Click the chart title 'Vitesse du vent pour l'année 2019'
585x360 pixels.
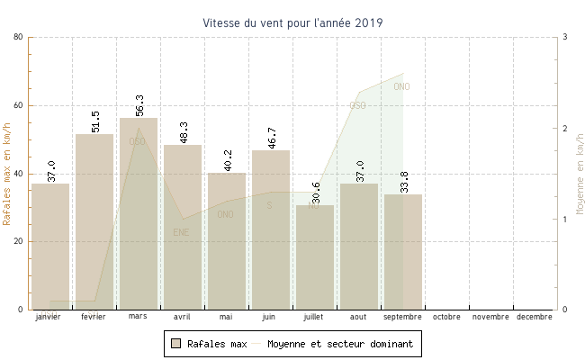pos(292,22)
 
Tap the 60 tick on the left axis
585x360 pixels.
pos(18,105)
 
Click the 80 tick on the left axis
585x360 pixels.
pos(18,37)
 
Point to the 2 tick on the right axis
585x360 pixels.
pos(563,129)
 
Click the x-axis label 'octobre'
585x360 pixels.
pos(446,317)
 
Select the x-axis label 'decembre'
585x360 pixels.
pos(535,317)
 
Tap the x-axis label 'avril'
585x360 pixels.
pos(182,317)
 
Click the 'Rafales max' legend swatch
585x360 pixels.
pos(176,344)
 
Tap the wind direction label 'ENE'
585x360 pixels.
pos(182,232)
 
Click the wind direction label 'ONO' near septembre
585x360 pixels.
pos(401,86)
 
